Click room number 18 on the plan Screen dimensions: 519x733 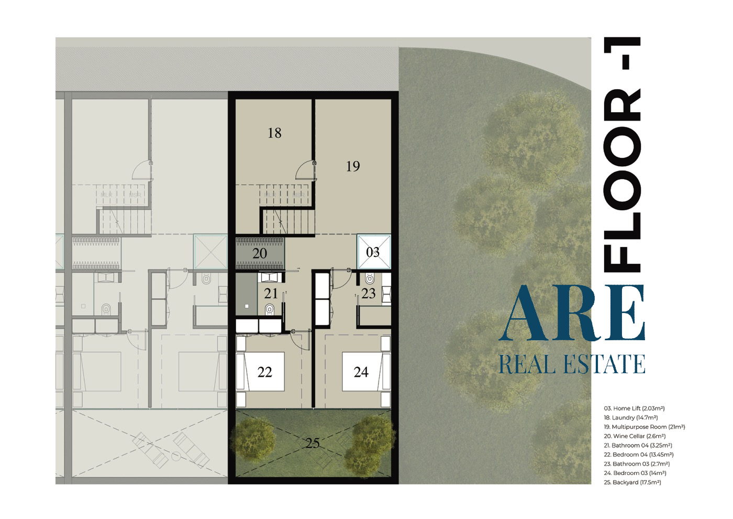(x=274, y=133)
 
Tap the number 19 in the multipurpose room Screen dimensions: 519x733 (x=353, y=167)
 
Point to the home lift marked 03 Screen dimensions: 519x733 (x=373, y=252)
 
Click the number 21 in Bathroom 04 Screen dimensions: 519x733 (x=271, y=294)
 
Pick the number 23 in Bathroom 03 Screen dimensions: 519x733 (x=369, y=294)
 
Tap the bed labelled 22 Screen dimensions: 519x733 (x=265, y=372)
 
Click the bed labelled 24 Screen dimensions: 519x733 (x=361, y=372)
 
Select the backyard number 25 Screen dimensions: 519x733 (x=313, y=444)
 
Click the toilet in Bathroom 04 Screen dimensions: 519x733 (x=270, y=309)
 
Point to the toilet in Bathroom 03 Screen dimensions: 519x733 (x=370, y=278)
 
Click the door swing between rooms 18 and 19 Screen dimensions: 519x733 (x=305, y=171)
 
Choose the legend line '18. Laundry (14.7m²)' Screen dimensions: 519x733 (x=631, y=418)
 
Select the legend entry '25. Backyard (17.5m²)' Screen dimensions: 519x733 (x=632, y=482)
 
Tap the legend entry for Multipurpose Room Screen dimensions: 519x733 (x=645, y=427)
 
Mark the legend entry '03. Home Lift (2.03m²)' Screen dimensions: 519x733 (x=635, y=408)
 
